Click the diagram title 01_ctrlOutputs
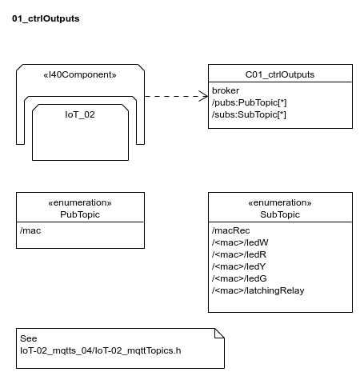46,18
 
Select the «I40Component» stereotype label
80,74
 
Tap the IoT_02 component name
80,114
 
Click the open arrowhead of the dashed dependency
204,96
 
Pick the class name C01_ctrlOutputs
280,74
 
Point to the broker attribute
226,90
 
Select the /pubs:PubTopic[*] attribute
250,102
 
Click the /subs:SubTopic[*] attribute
249,114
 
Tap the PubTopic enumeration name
80,214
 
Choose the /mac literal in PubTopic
30,230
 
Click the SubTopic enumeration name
280,214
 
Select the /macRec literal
231,230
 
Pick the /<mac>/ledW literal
240,242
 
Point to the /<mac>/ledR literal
239,254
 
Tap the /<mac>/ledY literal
239,266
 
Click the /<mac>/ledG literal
239,278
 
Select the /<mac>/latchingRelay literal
258,290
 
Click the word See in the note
29,338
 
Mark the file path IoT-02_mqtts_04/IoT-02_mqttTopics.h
101,350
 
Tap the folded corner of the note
220,334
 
